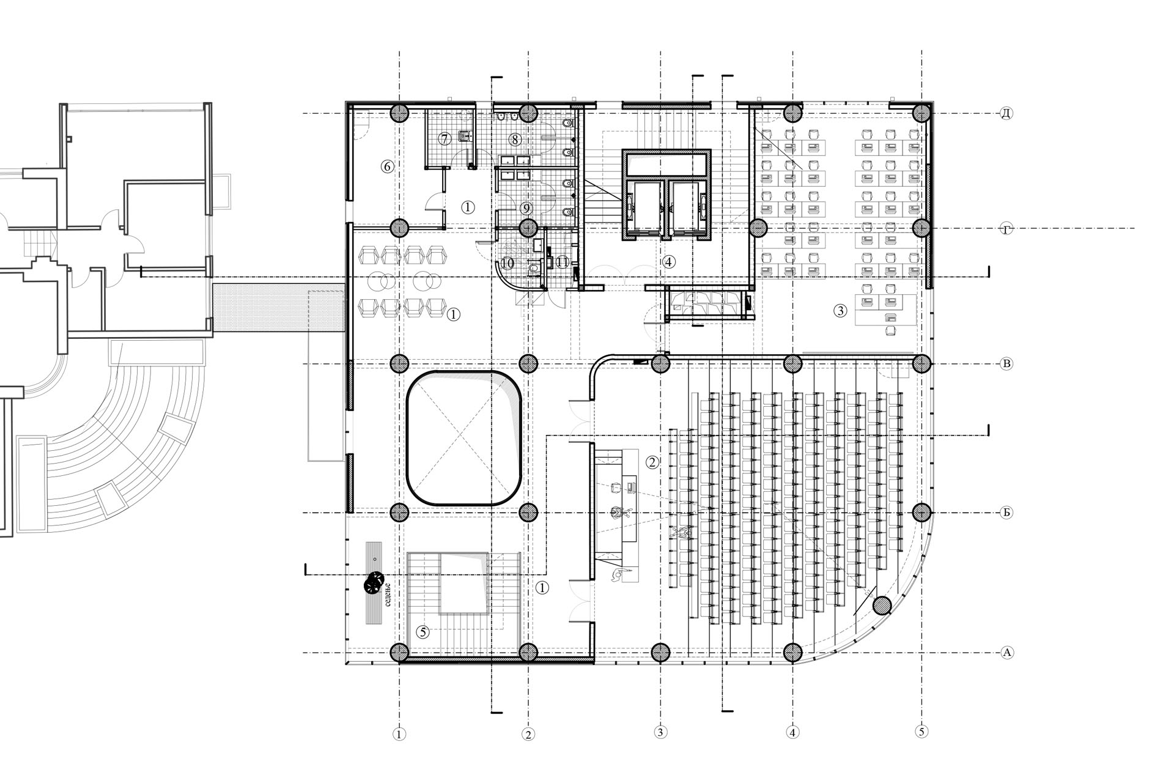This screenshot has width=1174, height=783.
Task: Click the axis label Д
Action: (1006, 113)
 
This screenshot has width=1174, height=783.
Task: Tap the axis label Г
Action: (1006, 229)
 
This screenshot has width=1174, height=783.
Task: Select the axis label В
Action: (1006, 364)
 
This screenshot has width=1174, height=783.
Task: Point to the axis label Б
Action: (1006, 513)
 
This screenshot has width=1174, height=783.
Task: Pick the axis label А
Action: (1006, 653)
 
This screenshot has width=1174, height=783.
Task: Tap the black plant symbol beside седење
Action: (373, 584)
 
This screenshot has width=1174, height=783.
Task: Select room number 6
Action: (387, 166)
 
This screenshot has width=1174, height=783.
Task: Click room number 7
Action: (445, 139)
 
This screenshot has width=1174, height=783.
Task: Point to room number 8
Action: (515, 139)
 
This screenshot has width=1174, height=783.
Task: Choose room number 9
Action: (526, 209)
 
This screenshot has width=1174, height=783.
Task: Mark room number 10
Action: (508, 263)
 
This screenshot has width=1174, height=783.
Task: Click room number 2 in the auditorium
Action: (652, 462)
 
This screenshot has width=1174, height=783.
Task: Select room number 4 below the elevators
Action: (668, 262)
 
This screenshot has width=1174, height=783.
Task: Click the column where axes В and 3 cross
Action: (660, 364)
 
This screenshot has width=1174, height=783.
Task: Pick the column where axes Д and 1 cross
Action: (399, 113)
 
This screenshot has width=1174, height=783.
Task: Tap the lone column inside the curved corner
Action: (882, 606)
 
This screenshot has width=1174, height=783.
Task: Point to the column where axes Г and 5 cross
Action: (921, 228)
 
